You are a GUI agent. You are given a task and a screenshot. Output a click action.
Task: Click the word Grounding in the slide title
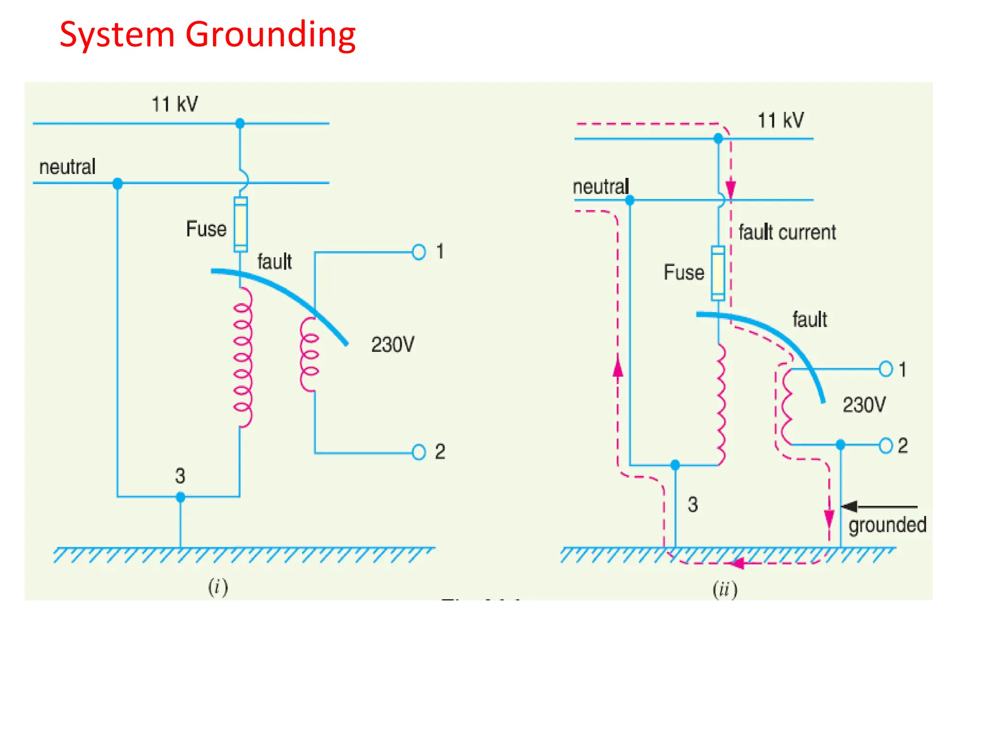pos(270,36)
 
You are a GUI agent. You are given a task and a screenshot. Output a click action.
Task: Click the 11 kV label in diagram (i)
pos(174,104)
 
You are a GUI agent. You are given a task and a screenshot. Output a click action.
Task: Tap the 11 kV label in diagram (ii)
pos(780,120)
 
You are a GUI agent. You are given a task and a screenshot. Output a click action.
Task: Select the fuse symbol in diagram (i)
pos(240,225)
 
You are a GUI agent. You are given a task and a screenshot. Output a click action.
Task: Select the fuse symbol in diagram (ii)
pos(718,273)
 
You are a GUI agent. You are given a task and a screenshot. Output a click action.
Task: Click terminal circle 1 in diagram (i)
pos(419,252)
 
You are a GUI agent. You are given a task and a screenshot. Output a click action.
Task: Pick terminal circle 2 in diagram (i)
pos(419,452)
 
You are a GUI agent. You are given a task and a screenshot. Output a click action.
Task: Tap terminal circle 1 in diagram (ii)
pos(886,369)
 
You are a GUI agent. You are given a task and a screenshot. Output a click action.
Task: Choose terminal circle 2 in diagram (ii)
pos(886,446)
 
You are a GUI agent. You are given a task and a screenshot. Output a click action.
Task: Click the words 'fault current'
pos(787,232)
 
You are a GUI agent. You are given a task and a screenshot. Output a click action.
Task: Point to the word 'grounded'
pos(887,525)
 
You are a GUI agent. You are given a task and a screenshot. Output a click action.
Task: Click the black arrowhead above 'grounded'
pos(849,506)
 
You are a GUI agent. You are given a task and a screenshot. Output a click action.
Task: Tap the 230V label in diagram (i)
pos(392,344)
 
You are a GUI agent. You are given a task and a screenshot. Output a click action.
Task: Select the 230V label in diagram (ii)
pos(864,405)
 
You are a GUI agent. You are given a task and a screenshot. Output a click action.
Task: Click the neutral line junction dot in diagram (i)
pos(118,184)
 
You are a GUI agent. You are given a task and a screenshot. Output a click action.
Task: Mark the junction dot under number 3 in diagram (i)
pos(181,497)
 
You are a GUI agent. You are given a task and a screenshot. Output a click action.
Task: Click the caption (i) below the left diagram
pos(218,587)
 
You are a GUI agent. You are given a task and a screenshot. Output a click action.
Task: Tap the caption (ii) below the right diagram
pos(725,589)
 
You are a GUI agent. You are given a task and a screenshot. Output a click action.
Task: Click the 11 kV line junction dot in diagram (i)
pos(240,123)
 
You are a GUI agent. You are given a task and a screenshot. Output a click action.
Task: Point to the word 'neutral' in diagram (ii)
pos(600,186)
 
